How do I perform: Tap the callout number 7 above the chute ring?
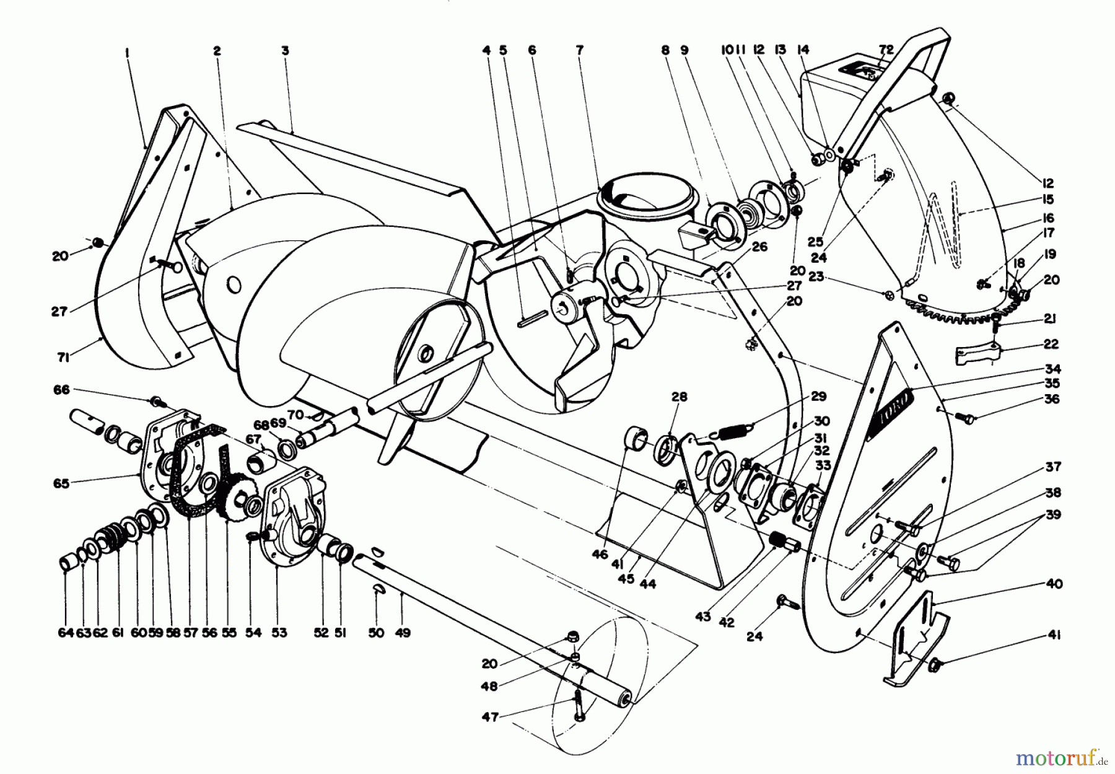point(579,51)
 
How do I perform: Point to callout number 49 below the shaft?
point(402,633)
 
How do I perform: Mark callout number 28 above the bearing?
point(680,397)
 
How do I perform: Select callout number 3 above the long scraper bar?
point(285,51)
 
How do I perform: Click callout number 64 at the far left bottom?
point(65,633)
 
